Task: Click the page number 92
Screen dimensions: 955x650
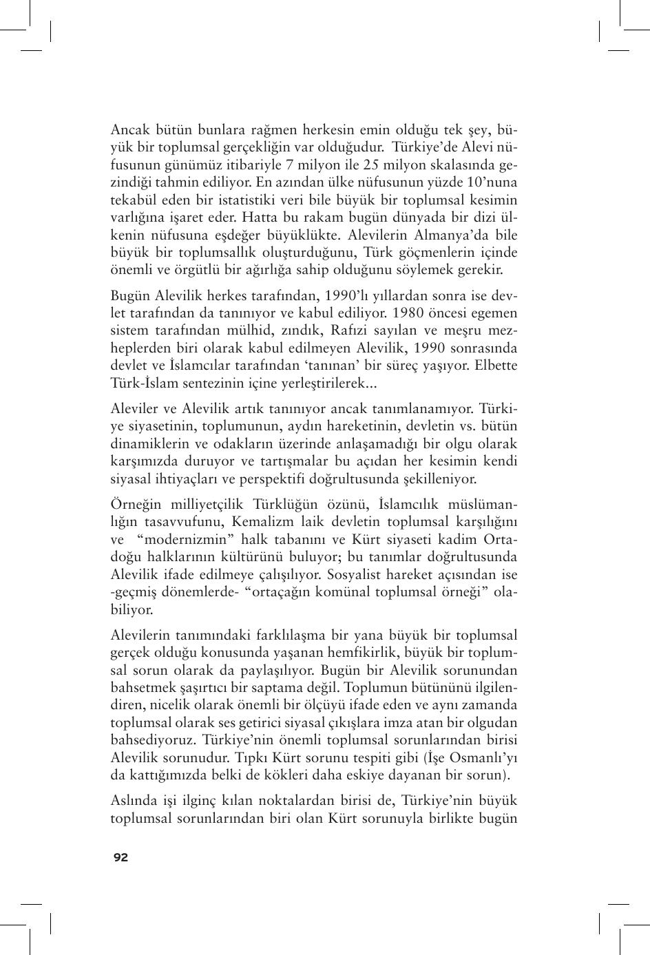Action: (x=120, y=857)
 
